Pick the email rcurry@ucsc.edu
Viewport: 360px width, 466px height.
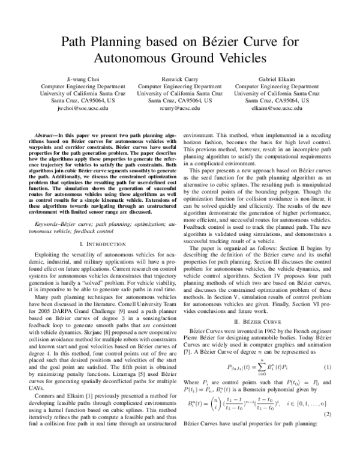click(x=179, y=108)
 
